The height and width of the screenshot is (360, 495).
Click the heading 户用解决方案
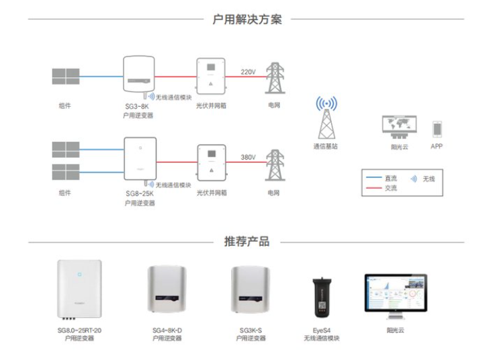coord(247,19)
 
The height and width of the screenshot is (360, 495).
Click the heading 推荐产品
coord(246,242)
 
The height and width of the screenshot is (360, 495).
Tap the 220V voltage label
coord(248,71)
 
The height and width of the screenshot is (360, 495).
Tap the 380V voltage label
coord(248,157)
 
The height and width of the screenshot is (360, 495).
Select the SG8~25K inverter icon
coord(140,159)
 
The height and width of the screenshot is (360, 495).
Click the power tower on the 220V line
coord(274,79)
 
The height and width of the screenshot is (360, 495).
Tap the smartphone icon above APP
coord(437,128)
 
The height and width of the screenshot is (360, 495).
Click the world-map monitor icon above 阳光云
coord(399,127)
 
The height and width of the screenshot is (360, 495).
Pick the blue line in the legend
coord(373,179)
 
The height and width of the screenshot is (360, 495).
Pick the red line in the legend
coord(373,188)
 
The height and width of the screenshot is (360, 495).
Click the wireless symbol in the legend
coord(413,179)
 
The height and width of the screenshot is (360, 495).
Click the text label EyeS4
coord(321,330)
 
